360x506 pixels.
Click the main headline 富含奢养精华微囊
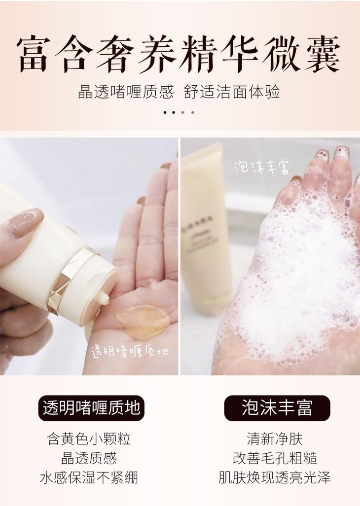pyautogui.click(x=179, y=54)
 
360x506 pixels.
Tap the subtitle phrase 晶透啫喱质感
pyautogui.click(x=126, y=92)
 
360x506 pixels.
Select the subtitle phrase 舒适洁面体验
pyautogui.click(x=231, y=92)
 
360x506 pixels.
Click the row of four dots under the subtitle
pyautogui.click(x=179, y=113)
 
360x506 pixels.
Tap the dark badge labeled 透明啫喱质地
pyautogui.click(x=91, y=408)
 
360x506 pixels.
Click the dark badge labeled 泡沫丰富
pyautogui.click(x=277, y=408)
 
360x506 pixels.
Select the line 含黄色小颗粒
pyautogui.click(x=89, y=439)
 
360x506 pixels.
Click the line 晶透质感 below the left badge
pyautogui.click(x=89, y=458)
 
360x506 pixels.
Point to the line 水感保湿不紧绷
pyautogui.click(x=89, y=477)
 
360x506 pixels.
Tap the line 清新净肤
pyautogui.click(x=275, y=439)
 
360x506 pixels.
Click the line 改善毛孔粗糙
pyautogui.click(x=275, y=458)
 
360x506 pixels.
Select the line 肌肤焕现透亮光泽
pyautogui.click(x=275, y=477)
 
